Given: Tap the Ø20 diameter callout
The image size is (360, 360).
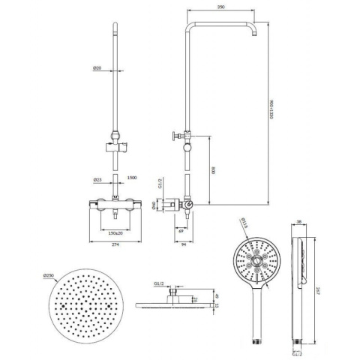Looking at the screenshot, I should click(97, 68).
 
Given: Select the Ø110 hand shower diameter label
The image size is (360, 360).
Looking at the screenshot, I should click(242, 222).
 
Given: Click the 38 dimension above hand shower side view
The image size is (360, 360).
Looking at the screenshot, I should click(298, 222).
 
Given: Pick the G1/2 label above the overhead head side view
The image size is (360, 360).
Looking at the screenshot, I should click(159, 284).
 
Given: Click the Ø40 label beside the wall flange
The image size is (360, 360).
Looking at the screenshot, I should click(154, 203).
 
